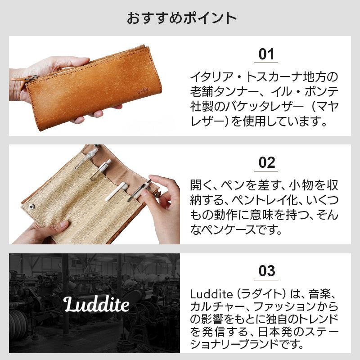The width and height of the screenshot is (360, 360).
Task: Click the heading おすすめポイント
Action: pyautogui.click(x=181, y=18)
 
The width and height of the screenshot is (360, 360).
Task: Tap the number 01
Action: pyautogui.click(x=266, y=54)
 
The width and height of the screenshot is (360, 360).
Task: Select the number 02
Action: pyautogui.click(x=266, y=162)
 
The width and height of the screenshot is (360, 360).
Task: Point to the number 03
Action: pyautogui.click(x=266, y=271)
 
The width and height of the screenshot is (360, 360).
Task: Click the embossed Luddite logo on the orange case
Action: pyautogui.click(x=142, y=90)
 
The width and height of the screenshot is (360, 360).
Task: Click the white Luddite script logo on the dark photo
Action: pyautogui.click(x=96, y=304)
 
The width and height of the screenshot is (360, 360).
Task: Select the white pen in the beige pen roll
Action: pyautogui.click(x=115, y=191)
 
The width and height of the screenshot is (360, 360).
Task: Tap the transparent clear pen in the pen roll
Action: pyautogui.click(x=87, y=158)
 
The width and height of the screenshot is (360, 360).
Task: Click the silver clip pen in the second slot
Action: pyautogui.click(x=100, y=170)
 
